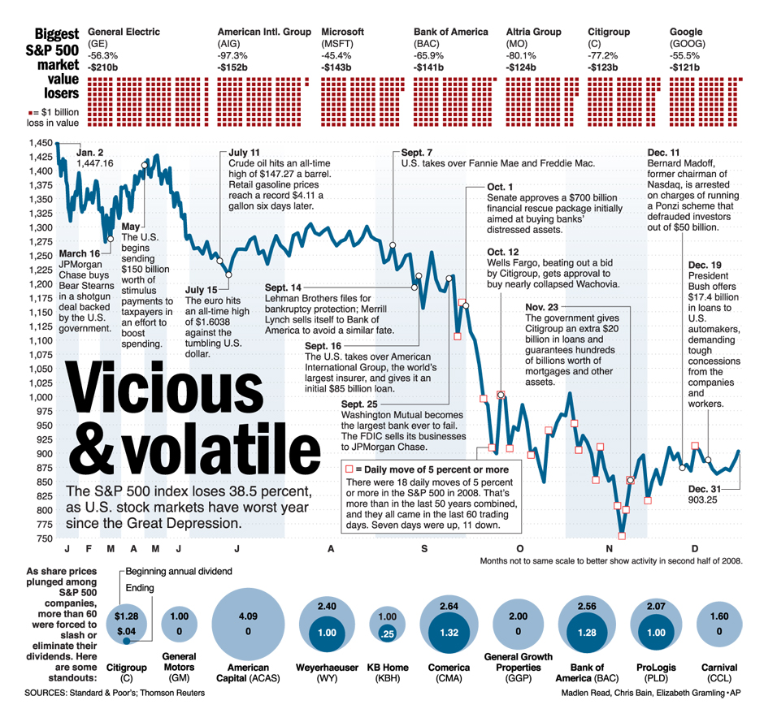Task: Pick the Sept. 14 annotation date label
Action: [283, 288]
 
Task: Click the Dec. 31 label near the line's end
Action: [705, 489]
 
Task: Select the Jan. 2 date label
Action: [90, 152]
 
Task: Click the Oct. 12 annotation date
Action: [502, 252]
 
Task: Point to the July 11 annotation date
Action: [245, 152]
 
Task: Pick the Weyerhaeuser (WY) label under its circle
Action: [327, 673]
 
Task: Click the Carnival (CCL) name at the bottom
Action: [719, 673]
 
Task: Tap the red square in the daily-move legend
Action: [349, 469]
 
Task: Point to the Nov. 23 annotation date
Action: [542, 307]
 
